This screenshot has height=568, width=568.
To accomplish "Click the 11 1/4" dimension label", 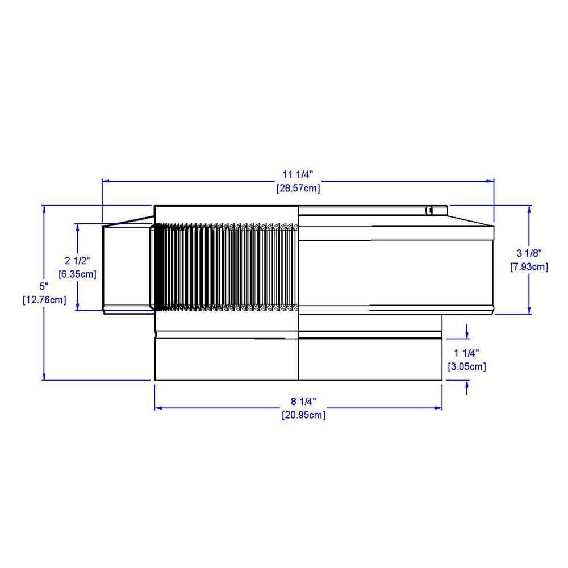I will tap(298, 175).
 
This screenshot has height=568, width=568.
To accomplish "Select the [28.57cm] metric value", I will tap(298, 188).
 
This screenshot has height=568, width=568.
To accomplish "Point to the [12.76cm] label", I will tap(44, 299).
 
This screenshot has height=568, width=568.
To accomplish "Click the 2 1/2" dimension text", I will tap(77, 261).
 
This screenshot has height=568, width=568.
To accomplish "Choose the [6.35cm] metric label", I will tap(77, 273).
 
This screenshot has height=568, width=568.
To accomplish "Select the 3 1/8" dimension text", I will tap(529, 253).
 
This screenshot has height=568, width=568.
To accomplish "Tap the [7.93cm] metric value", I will tap(529, 266).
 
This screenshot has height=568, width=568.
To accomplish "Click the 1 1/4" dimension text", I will tap(466, 353).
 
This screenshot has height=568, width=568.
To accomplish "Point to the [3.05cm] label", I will tap(466, 366).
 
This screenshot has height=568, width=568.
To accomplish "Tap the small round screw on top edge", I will tap(429, 211).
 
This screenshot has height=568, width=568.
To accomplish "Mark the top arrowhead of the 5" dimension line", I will tap(44, 210).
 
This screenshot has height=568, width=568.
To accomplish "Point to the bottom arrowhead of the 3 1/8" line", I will tap(529, 310).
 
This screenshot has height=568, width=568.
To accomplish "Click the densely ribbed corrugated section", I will tap(224, 267).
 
